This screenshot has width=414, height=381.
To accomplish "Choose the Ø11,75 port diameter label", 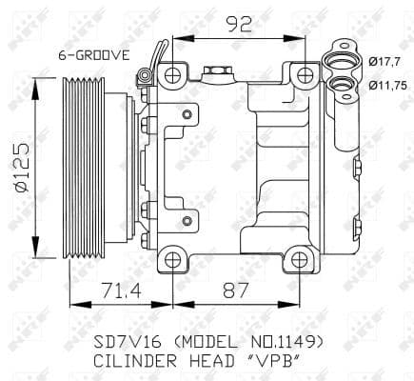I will [x=387, y=85].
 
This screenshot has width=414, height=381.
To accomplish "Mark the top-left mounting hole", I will [x=172, y=75].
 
